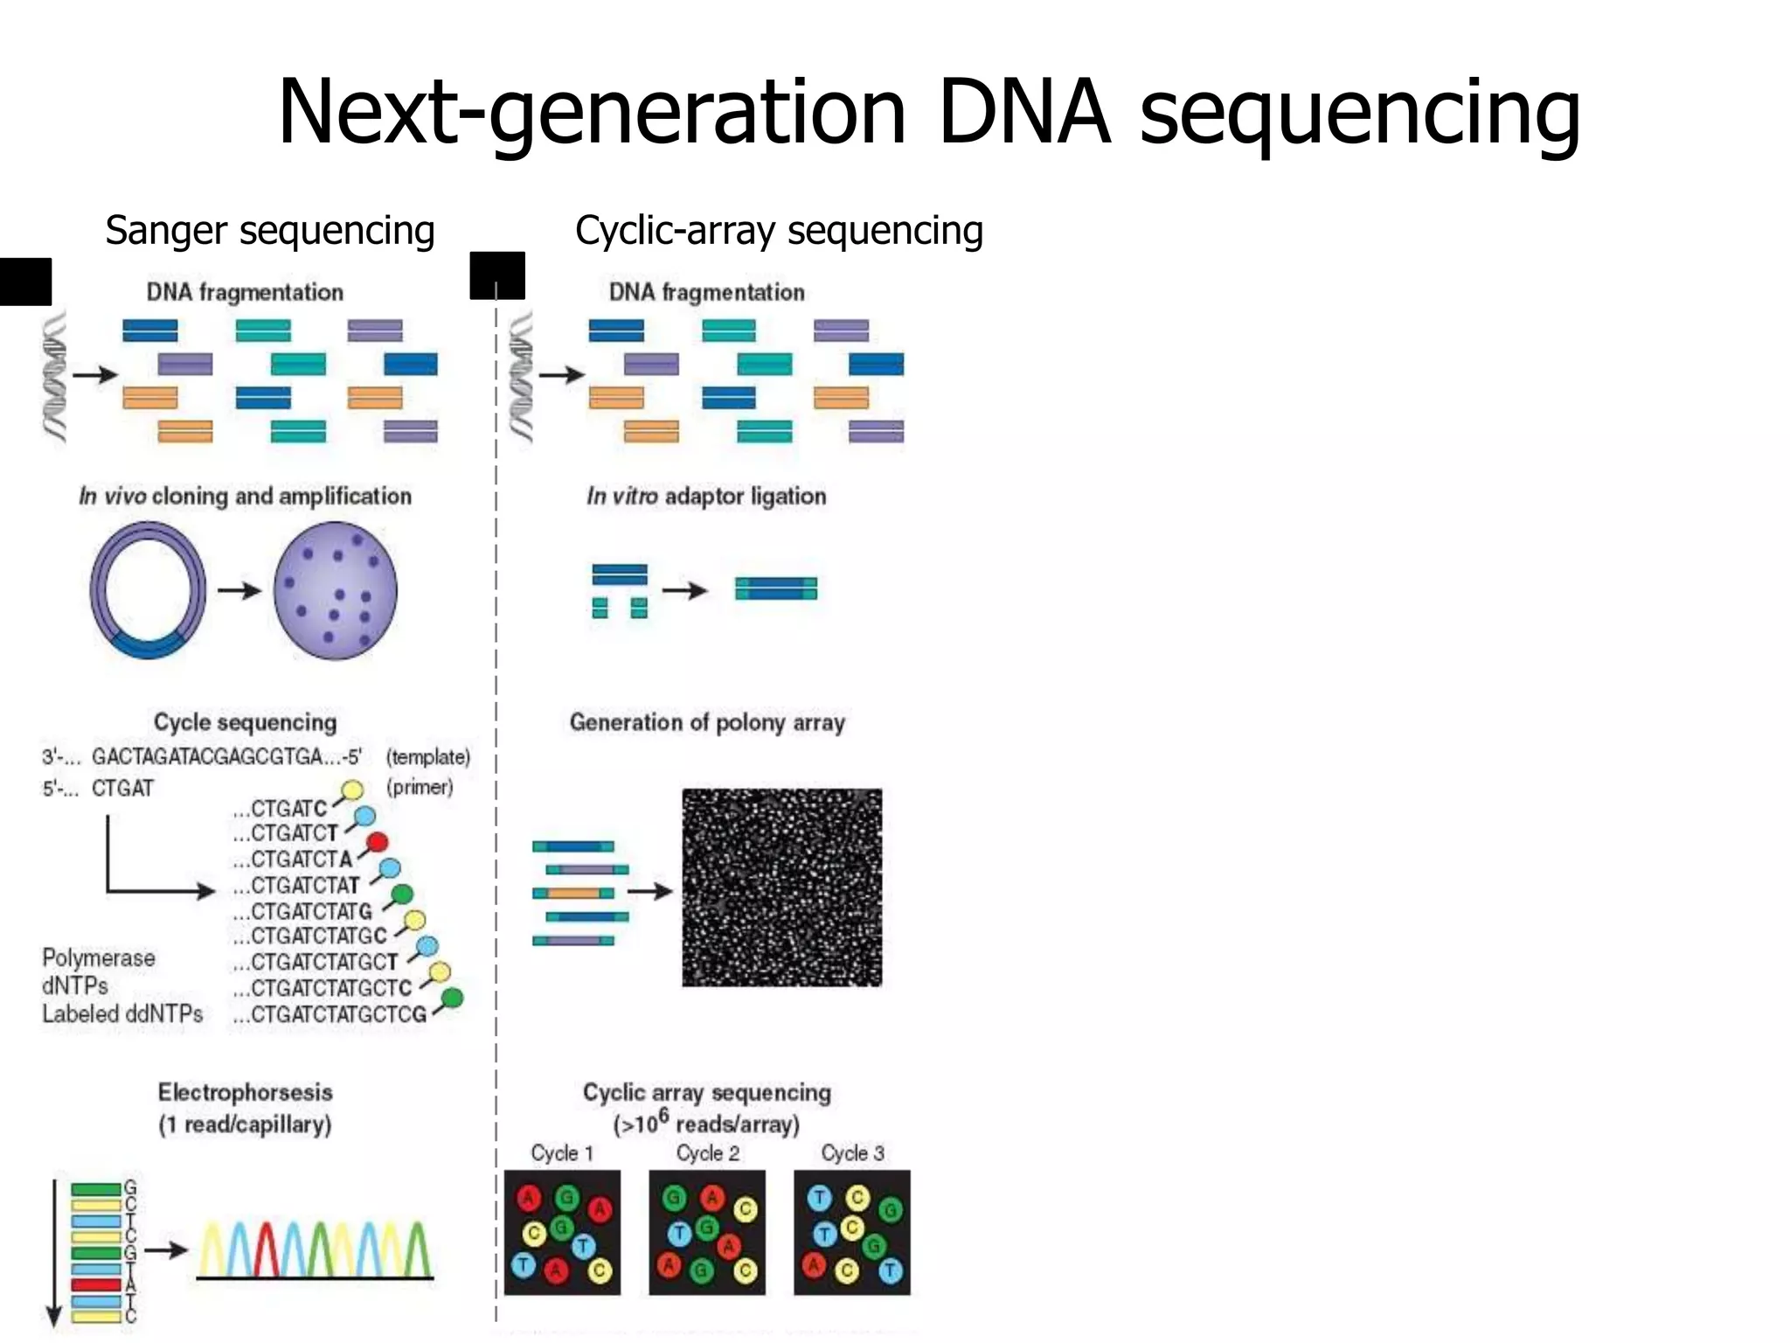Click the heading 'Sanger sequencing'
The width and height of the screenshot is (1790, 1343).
click(269, 231)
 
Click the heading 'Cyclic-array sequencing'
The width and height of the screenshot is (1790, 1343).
click(779, 231)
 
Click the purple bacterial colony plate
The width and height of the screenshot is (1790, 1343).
click(336, 590)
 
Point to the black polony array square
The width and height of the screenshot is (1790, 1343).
click(781, 887)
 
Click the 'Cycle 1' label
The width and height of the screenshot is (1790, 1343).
click(562, 1153)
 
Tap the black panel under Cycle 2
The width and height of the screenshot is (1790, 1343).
click(706, 1232)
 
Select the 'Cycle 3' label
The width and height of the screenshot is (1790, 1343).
click(852, 1153)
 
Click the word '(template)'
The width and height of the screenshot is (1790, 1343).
click(427, 757)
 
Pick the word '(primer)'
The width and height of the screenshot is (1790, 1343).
click(420, 787)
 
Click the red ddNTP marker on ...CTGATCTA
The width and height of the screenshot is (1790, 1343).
click(377, 842)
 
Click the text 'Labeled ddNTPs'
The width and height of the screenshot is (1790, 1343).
click(122, 1014)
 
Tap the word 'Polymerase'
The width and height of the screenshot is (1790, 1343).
click(99, 958)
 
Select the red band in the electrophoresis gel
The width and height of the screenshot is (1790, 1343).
click(95, 1284)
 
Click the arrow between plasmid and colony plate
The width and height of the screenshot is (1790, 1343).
click(239, 590)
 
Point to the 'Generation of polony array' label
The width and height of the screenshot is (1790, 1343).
click(707, 722)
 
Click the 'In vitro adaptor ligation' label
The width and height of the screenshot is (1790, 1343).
click(706, 496)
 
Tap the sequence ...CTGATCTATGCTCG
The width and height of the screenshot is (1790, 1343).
click(330, 1014)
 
